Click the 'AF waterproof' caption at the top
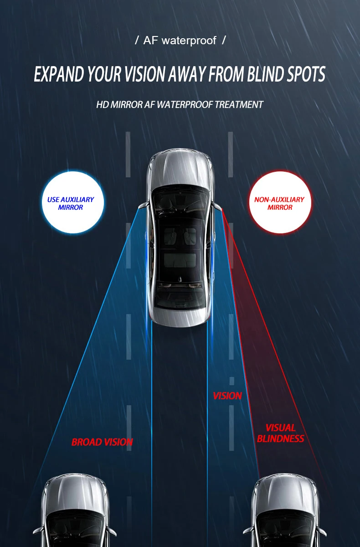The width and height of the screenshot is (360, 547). [180, 41]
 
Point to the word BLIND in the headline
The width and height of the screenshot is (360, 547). [265, 74]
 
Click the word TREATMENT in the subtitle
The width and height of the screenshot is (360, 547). [239, 104]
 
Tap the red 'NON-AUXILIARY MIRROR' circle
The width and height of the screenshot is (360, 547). [279, 203]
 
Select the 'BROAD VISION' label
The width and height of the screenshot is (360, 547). [102, 442]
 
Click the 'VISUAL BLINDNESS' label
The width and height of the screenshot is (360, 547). [280, 433]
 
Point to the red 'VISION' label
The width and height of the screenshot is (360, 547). [227, 396]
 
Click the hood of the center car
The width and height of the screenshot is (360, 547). [180, 169]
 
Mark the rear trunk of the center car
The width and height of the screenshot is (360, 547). [180, 315]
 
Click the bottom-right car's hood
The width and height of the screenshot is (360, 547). [285, 492]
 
